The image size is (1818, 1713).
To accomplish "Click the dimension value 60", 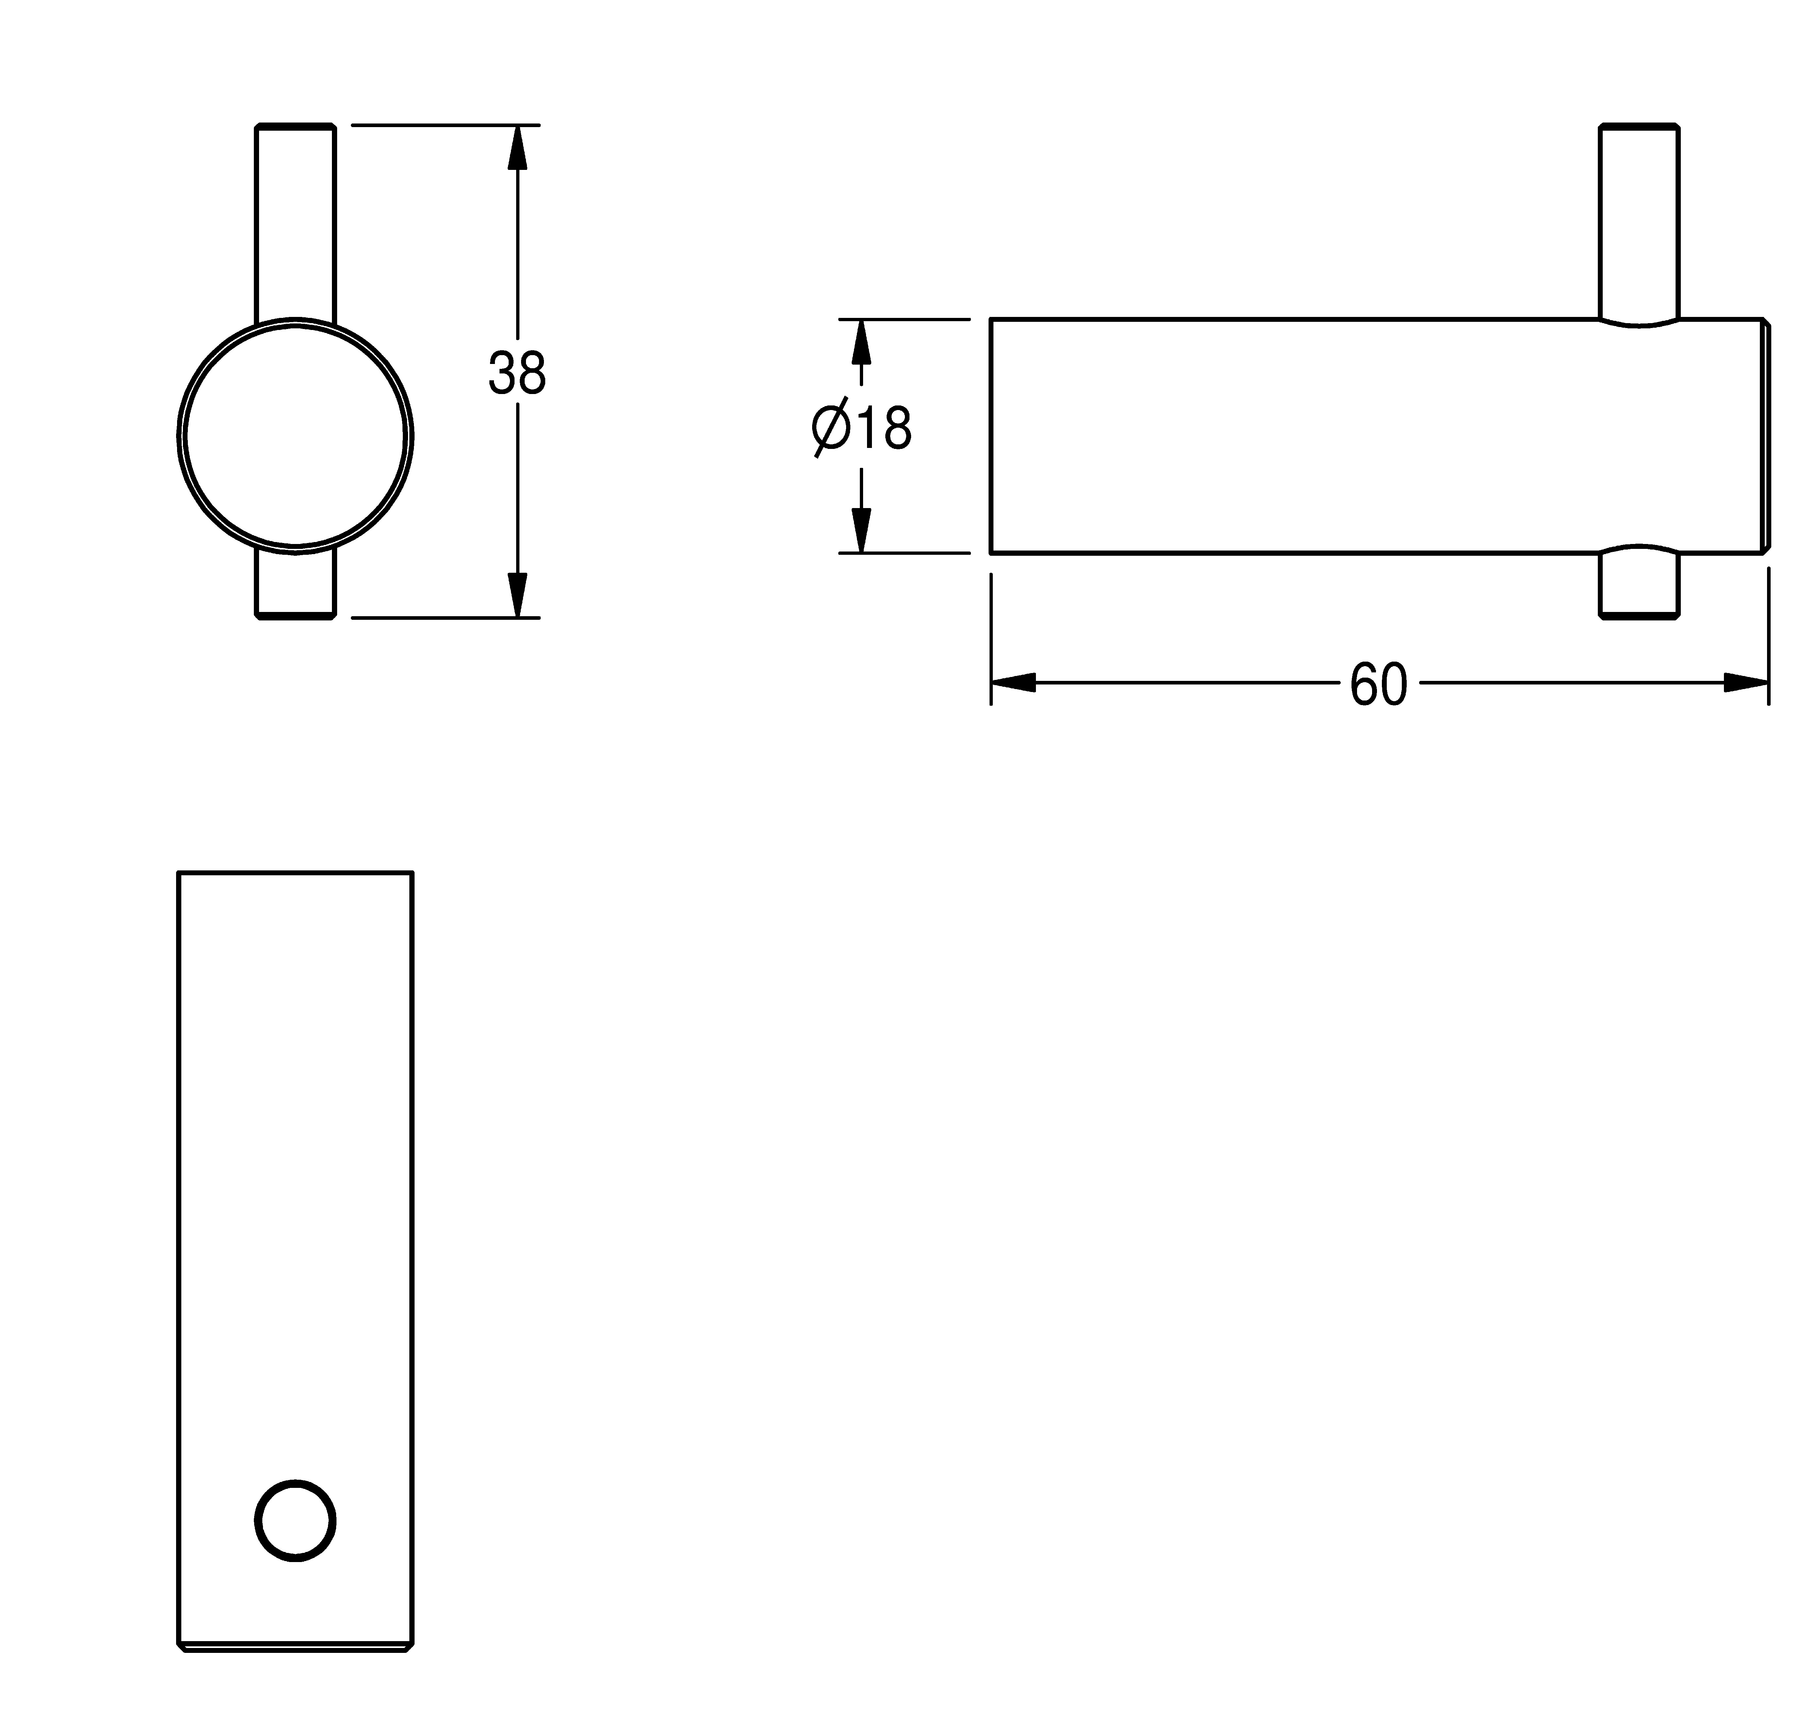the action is point(1378,685).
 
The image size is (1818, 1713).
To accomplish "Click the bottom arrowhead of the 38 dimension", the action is point(517,595).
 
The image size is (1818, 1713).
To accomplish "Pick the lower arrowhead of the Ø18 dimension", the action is point(860,531).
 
